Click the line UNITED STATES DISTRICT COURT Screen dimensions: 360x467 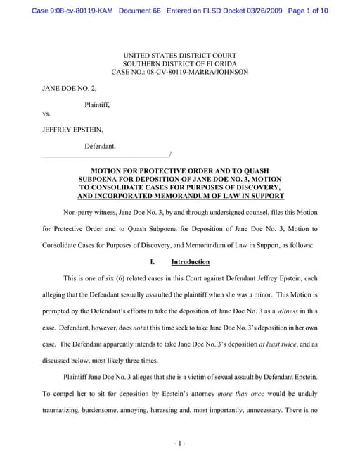(179, 56)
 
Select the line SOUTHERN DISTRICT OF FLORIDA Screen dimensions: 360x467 (179, 64)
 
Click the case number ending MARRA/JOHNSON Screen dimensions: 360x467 (179, 73)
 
